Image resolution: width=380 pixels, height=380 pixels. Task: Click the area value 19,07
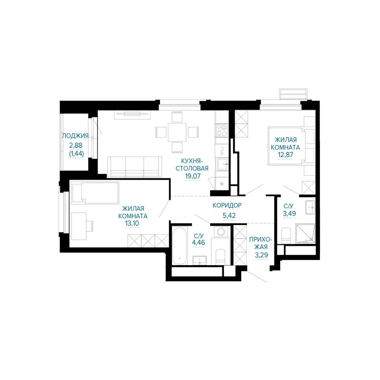193,176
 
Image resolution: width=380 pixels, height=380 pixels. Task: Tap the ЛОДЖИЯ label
75,136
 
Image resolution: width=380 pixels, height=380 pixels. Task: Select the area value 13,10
132,223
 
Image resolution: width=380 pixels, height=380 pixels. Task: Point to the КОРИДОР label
227,205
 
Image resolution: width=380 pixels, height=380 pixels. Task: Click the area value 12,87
285,155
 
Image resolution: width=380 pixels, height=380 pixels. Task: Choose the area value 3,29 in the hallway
261,255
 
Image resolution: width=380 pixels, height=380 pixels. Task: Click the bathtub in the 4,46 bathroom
180,246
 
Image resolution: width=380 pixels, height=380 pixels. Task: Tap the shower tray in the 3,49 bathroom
306,234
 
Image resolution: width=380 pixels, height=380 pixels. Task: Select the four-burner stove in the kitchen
222,130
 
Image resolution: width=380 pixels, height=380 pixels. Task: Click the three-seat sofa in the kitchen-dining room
135,167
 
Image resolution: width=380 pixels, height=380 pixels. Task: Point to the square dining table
177,132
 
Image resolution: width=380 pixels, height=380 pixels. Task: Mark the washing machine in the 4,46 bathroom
221,232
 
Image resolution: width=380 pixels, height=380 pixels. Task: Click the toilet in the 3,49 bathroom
286,235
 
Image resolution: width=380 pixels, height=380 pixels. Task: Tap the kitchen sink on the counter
222,164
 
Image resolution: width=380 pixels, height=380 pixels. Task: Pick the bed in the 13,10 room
95,193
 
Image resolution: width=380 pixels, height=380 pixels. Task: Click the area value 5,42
229,215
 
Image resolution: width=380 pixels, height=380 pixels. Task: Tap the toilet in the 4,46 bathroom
220,257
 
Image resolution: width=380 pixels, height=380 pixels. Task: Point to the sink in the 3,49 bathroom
310,207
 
